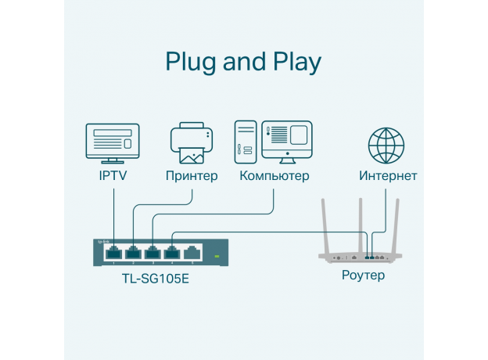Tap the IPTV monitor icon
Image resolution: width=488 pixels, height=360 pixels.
[x=113, y=142]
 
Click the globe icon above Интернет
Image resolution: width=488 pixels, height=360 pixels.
[x=387, y=145]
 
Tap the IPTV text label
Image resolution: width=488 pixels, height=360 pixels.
[x=113, y=176]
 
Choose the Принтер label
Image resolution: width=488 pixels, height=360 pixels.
[x=192, y=176]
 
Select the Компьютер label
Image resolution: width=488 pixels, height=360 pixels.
[x=274, y=176]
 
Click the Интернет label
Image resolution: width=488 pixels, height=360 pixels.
[x=388, y=176]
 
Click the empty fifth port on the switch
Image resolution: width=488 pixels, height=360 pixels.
[x=192, y=252]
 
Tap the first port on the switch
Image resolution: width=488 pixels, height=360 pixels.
[x=113, y=252]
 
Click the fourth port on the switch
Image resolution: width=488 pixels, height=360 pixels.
[x=172, y=252]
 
